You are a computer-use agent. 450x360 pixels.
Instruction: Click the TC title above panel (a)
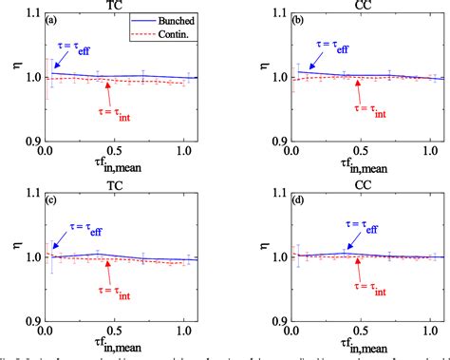pos(120,6)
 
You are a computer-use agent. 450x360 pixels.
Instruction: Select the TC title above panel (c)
pos(120,184)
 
